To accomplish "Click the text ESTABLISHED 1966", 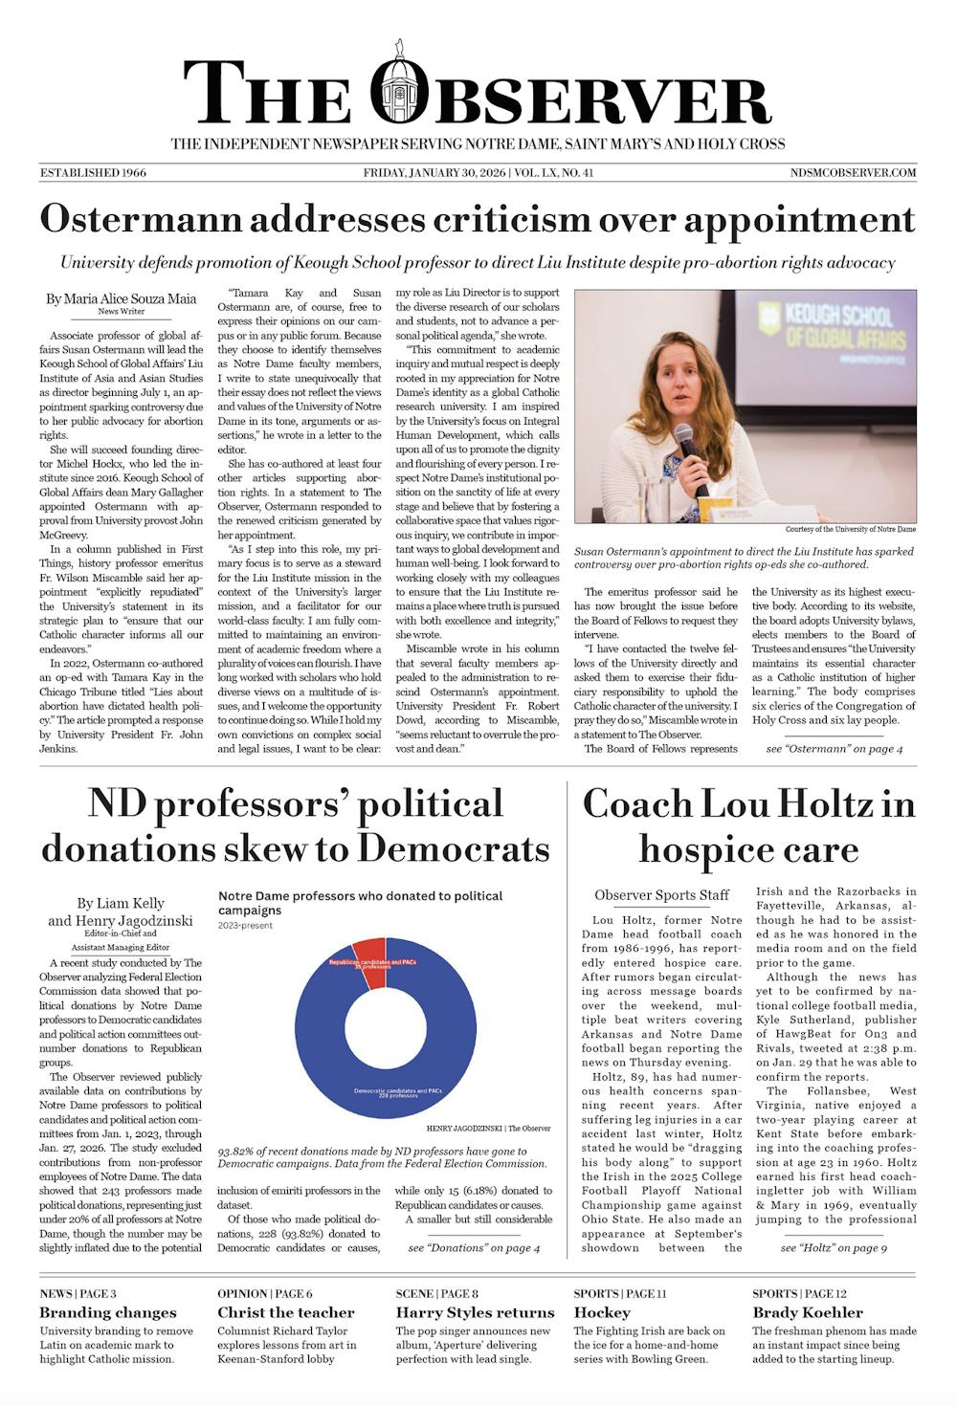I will (x=93, y=173).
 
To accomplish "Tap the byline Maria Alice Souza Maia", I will (x=121, y=298).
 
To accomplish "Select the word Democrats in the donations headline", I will (x=454, y=848).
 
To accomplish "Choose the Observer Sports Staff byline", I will (x=662, y=895).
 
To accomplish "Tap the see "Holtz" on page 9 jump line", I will (x=834, y=1247).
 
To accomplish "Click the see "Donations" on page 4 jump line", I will (x=474, y=1247).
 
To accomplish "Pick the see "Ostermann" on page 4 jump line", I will (x=834, y=748).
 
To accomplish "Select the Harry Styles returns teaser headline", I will (x=475, y=1312).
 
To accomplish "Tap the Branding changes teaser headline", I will (x=108, y=1312).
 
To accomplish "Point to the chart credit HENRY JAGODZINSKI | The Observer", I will (x=488, y=1129).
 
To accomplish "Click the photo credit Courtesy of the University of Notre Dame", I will (x=850, y=529).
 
